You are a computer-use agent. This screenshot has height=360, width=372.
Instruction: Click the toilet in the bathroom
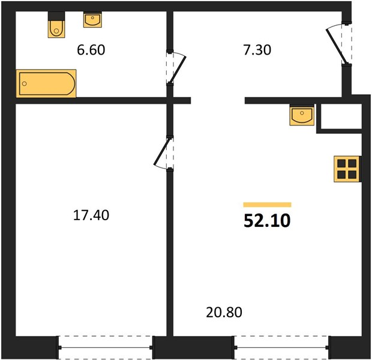[x=56, y=25]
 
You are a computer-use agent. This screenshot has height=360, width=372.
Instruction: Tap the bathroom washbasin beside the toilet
[x=92, y=19]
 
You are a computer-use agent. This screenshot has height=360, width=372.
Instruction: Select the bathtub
[x=46, y=83]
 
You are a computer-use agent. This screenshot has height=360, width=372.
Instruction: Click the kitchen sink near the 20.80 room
[x=302, y=115]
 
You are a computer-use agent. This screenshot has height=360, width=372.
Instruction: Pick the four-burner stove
[x=347, y=169]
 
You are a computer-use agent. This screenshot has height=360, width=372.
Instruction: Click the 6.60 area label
[x=91, y=50]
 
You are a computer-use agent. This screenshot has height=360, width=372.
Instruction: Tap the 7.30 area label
[x=257, y=50]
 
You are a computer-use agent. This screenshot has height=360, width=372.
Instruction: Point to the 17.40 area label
[x=91, y=215]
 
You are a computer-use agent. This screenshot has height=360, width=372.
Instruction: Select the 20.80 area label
[x=224, y=312]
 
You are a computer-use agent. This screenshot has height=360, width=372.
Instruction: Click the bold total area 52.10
[x=267, y=221]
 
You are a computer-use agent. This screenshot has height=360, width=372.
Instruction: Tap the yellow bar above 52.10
[x=268, y=205]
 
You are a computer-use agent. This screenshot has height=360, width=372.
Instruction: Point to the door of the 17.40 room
[x=162, y=151]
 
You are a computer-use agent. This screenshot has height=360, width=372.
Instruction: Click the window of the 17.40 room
[x=106, y=347]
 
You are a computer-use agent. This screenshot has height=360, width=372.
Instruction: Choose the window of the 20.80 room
[x=281, y=347]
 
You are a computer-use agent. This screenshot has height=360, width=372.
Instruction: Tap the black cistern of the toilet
[x=56, y=16]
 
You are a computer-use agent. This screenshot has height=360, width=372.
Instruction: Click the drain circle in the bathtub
[x=24, y=83]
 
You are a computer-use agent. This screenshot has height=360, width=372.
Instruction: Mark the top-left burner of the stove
[x=341, y=164]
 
